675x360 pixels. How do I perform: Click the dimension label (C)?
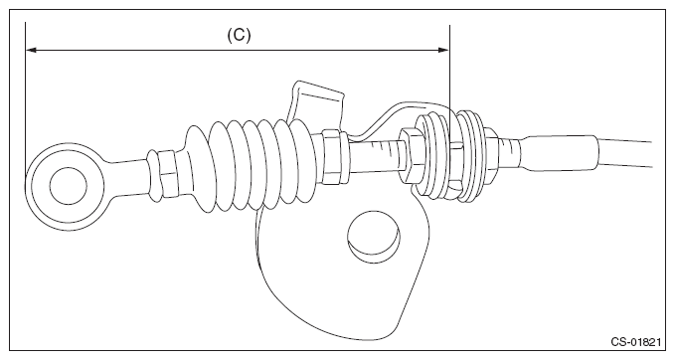pos(238,33)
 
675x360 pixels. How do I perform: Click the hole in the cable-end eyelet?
pos(64,183)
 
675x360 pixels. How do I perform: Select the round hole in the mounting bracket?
pos(374,236)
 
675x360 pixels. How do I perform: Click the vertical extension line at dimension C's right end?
pos(450,80)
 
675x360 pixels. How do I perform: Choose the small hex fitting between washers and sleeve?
pos(507,151)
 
